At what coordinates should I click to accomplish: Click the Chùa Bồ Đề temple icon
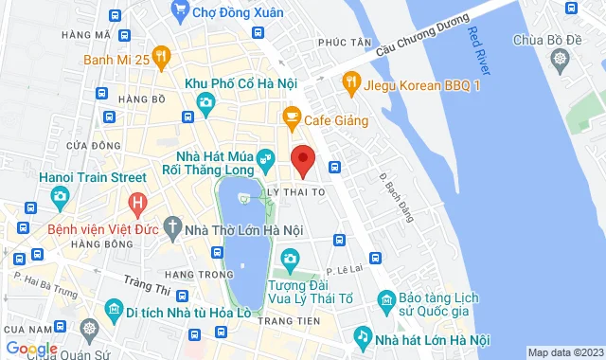click(x=561, y=60)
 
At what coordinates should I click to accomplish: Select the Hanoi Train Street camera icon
click(x=60, y=197)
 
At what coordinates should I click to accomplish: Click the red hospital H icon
click(x=138, y=202)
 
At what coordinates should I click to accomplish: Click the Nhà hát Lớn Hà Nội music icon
click(x=362, y=337)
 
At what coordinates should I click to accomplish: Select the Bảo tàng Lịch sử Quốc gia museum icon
click(x=385, y=300)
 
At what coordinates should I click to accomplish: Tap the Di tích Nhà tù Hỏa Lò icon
click(x=113, y=310)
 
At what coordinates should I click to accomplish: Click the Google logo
click(x=30, y=349)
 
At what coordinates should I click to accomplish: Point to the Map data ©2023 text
click(x=564, y=353)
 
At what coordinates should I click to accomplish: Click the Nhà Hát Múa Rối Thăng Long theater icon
click(x=269, y=156)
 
